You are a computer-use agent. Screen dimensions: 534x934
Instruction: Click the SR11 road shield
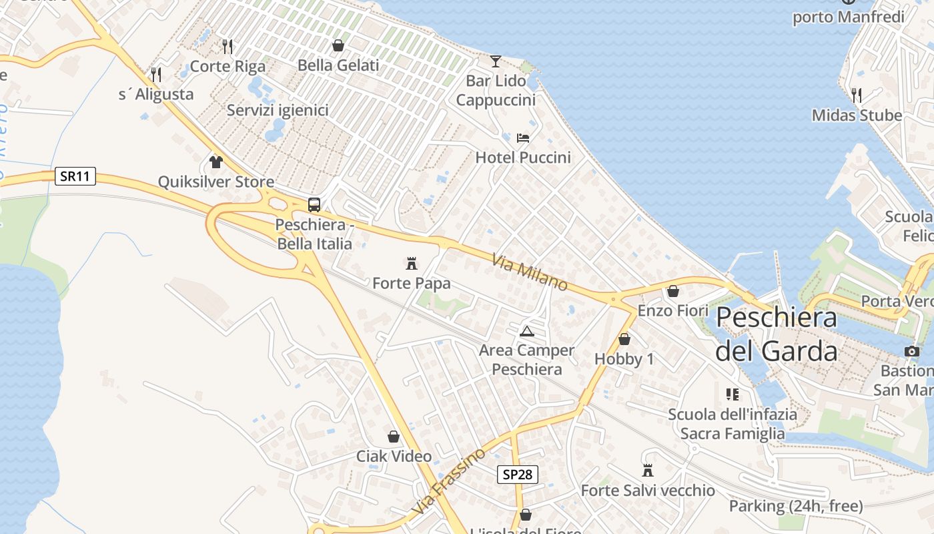pos(75,176)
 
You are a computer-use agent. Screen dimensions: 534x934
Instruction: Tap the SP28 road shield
pos(517,475)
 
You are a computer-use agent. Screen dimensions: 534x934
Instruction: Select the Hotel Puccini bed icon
pos(523,138)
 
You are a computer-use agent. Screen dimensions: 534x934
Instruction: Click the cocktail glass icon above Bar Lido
pos(495,61)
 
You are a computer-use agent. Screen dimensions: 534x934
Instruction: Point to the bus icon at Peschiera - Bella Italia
pos(314,205)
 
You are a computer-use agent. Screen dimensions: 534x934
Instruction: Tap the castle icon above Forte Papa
pos(412,263)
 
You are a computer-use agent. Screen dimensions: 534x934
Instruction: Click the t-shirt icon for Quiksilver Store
pos(215,162)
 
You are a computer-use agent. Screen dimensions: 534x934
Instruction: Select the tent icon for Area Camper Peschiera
pos(527,330)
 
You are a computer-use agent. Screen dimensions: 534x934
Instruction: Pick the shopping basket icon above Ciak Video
pos(394,437)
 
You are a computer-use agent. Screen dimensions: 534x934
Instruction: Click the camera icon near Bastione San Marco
pos(912,351)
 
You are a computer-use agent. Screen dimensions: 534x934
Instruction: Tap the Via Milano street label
pos(530,272)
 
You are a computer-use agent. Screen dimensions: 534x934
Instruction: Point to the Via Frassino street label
pos(448,481)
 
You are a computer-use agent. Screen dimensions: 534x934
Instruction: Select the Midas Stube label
pos(857,115)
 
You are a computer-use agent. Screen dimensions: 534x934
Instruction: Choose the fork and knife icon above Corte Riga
pos(227,46)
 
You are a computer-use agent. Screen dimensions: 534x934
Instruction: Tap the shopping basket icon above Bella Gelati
pos(338,45)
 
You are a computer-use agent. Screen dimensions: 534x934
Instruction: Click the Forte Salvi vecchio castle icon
pos(647,471)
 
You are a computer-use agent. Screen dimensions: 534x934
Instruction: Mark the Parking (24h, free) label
pos(796,506)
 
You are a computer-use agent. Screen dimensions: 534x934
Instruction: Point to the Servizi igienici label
pos(278,110)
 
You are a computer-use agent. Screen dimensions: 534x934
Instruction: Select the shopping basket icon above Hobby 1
pos(624,339)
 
